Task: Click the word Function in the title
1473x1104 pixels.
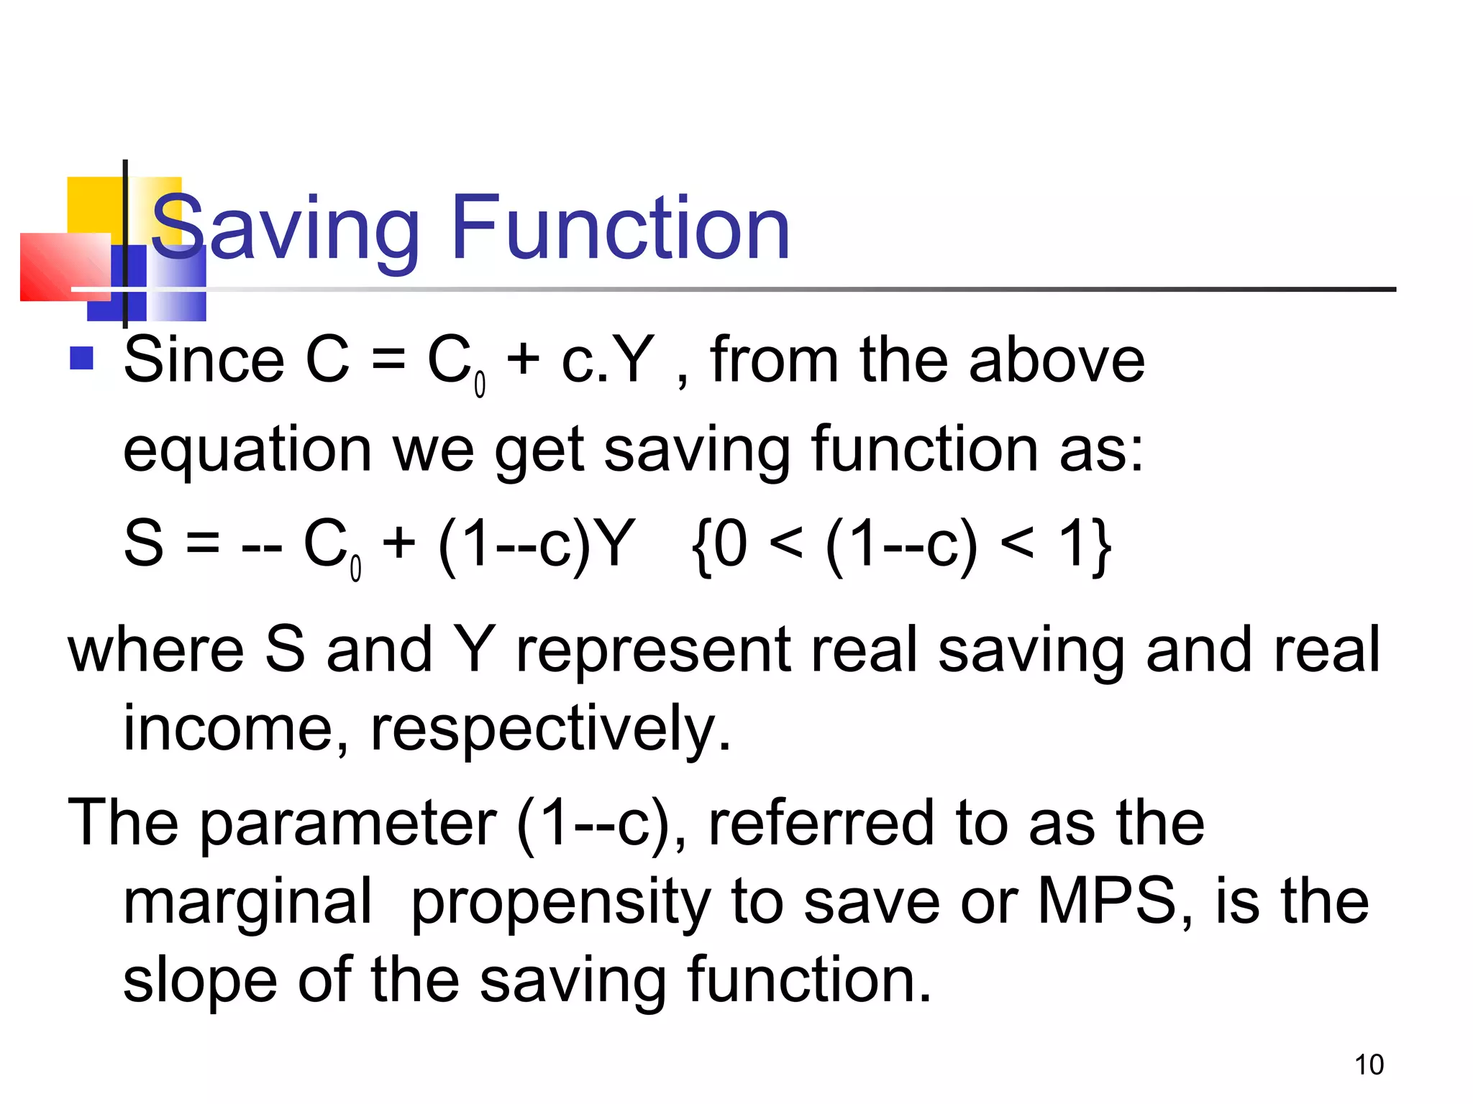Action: (x=620, y=229)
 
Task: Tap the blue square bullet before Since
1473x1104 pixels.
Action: (x=81, y=358)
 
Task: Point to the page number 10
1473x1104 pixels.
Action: (x=1369, y=1064)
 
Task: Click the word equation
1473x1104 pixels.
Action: (x=247, y=451)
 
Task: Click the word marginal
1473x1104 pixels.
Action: (x=247, y=903)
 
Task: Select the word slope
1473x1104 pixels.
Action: (x=200, y=980)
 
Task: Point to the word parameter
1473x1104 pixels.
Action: (x=348, y=824)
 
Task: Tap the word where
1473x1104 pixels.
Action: (x=155, y=650)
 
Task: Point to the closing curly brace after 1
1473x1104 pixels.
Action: (x=1100, y=546)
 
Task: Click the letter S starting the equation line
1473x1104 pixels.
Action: (x=144, y=543)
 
